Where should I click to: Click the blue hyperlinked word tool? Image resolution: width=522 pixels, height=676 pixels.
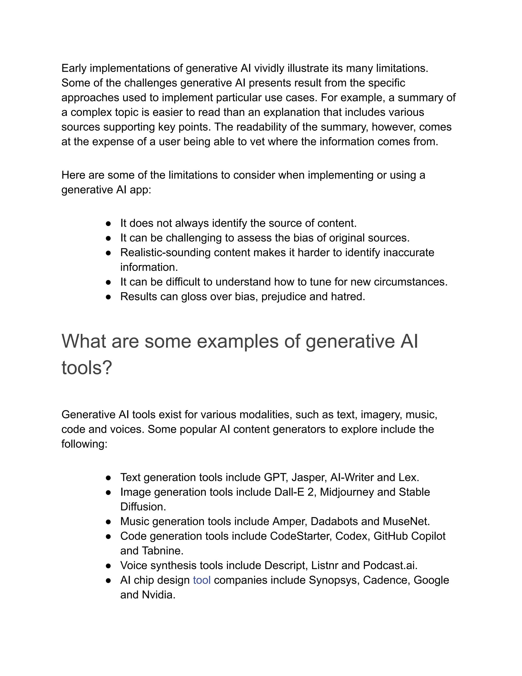pos(202,580)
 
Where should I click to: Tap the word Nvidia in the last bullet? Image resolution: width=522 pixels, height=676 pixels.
pos(158,595)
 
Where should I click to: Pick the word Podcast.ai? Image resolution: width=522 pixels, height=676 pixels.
pos(390,566)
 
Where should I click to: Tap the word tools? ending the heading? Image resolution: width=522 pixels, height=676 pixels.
pos(87,368)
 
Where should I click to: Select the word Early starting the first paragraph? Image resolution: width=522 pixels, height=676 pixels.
pos(74,68)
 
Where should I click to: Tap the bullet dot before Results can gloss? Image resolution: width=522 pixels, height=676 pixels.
pos(108,296)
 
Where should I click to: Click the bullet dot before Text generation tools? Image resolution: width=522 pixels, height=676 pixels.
pos(108,478)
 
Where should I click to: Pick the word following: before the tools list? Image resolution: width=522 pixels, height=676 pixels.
pos(84,444)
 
